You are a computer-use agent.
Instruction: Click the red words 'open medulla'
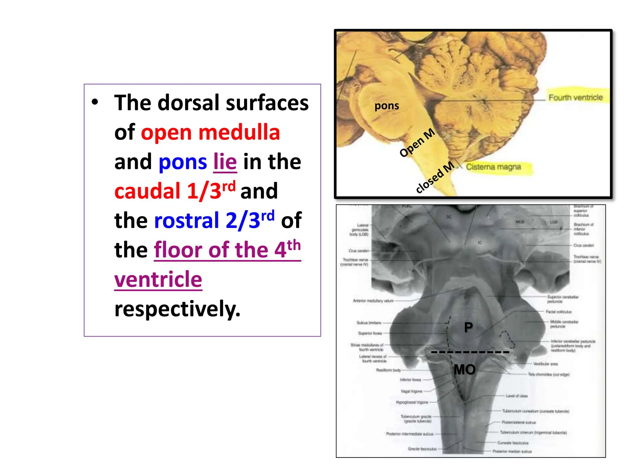[210, 133]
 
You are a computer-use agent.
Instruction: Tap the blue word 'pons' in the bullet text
[183, 162]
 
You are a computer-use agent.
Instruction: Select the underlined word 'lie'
[225, 162]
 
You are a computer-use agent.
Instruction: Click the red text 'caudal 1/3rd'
[175, 191]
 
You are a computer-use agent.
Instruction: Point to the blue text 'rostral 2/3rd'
[214, 220]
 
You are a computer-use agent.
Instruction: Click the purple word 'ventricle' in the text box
[158, 279]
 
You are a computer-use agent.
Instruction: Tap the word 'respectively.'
[177, 309]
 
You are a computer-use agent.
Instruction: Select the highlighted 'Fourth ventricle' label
[576, 98]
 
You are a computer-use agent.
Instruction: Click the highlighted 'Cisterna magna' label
[493, 167]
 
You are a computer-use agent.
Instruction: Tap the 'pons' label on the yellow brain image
[387, 106]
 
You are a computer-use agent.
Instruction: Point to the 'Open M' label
[417, 143]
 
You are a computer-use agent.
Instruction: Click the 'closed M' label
[435, 177]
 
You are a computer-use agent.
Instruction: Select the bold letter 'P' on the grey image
[468, 327]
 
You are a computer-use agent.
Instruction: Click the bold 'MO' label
[465, 370]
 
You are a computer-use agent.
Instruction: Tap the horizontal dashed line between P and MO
[470, 352]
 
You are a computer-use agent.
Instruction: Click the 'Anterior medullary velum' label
[373, 301]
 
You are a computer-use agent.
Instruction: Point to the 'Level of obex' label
[517, 396]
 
